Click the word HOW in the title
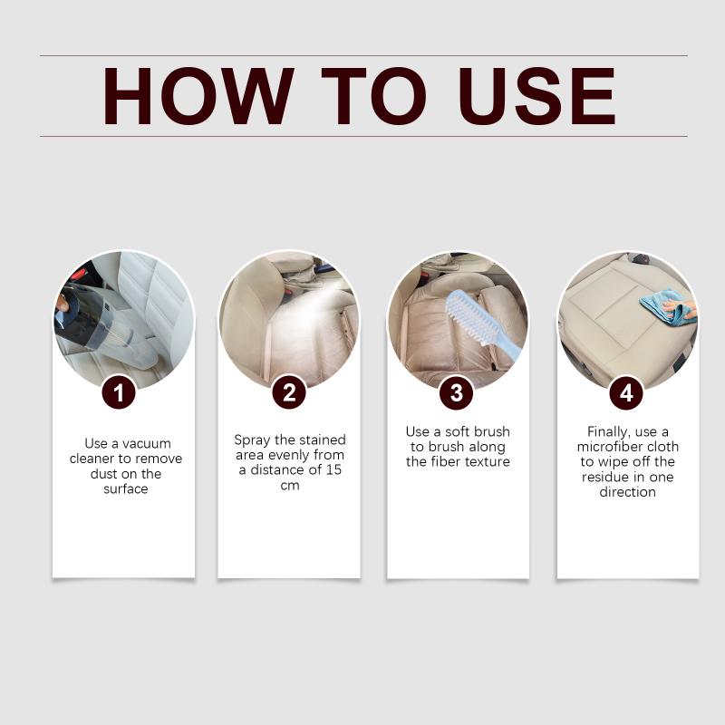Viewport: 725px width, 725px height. point(198,96)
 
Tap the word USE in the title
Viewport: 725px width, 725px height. point(537,96)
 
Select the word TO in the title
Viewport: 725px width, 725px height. point(373,96)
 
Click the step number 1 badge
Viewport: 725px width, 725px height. point(119,393)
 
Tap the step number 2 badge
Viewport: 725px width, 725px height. point(289,392)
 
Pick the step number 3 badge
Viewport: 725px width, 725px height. point(457,392)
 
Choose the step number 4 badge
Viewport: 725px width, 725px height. point(626,392)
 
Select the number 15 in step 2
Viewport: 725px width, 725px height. point(333,469)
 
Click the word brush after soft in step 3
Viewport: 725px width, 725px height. point(489,432)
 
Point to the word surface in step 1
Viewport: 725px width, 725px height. point(126,488)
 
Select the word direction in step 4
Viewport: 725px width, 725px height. point(627,491)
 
